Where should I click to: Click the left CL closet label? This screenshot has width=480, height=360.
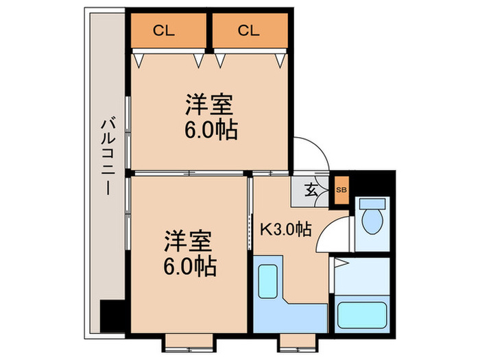pyautogui.click(x=163, y=30)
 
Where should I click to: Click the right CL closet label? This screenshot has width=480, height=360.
pyautogui.click(x=248, y=30)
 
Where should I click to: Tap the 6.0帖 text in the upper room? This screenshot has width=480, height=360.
pyautogui.click(x=211, y=130)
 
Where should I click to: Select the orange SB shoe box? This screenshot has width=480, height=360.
pyautogui.click(x=341, y=190)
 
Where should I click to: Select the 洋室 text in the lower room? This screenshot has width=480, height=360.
pyautogui.click(x=188, y=241)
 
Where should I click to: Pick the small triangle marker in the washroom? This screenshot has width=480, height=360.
pyautogui.click(x=341, y=263)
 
